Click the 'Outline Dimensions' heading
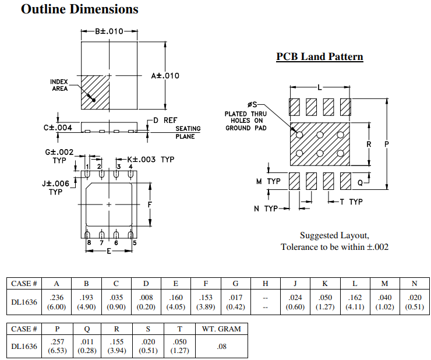tap(80, 9)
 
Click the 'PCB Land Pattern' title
tap(320, 57)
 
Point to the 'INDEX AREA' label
tap(59, 85)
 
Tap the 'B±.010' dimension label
tap(109, 31)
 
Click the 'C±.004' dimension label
tap(58, 128)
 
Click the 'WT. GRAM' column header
tap(221, 329)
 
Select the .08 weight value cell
tap(221, 347)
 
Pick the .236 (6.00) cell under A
tap(56, 302)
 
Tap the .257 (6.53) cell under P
tap(56, 347)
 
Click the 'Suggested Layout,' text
tap(334, 235)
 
